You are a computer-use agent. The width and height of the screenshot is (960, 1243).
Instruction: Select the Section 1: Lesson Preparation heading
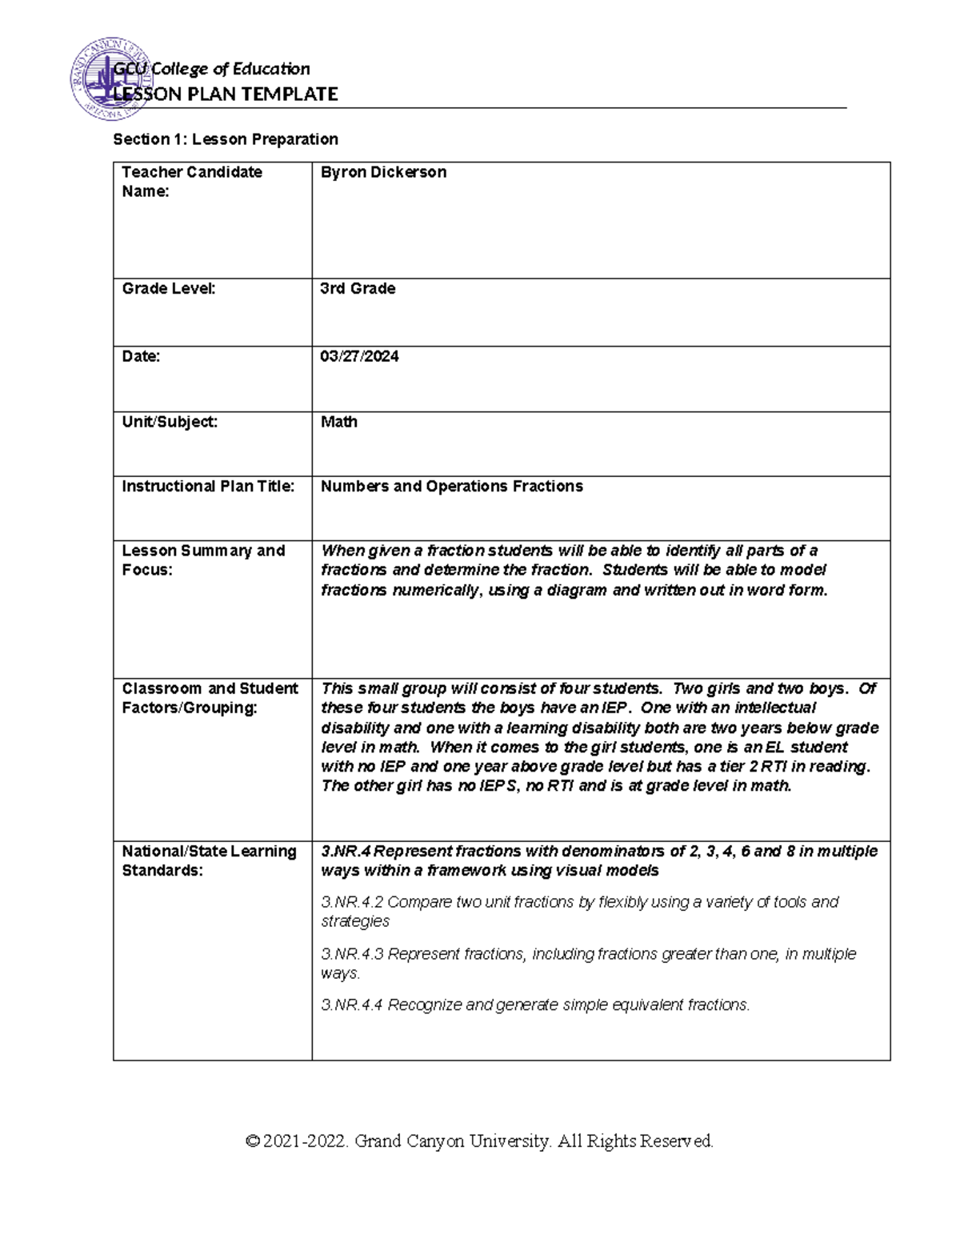(226, 139)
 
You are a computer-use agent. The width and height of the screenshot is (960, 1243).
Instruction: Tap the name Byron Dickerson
(383, 172)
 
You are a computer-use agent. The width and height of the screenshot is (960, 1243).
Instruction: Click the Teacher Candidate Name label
(191, 182)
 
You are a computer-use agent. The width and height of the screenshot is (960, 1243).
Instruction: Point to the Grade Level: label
(168, 289)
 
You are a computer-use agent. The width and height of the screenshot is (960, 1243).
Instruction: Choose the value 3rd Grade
(358, 289)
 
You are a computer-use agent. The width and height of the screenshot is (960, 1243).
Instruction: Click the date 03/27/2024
(359, 356)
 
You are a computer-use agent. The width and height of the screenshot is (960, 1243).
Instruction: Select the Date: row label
(141, 356)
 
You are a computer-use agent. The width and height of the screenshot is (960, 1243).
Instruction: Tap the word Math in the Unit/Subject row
(338, 422)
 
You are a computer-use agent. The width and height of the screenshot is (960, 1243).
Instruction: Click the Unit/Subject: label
(170, 422)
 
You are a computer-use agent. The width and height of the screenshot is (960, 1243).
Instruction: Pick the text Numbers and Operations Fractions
(451, 487)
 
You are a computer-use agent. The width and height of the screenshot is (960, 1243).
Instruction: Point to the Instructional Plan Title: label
(208, 487)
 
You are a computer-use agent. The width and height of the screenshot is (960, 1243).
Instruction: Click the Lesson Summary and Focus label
(203, 560)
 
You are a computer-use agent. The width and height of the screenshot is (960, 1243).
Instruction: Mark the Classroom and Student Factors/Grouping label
(210, 698)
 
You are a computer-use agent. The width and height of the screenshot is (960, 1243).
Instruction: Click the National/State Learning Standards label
(209, 860)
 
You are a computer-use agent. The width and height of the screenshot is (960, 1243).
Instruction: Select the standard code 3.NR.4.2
(352, 902)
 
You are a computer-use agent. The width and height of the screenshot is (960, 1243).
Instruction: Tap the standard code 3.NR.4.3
(352, 954)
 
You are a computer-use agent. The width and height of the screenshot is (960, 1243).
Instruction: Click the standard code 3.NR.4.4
(352, 1005)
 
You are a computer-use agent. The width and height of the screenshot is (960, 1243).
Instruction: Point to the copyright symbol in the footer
(254, 1141)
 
